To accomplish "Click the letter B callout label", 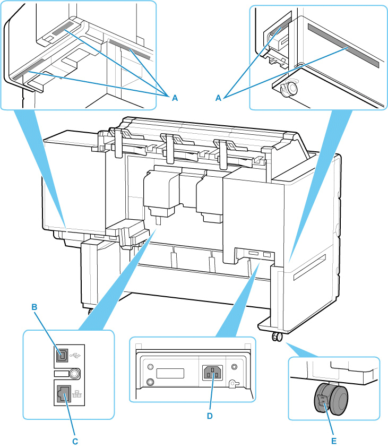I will click(x=34, y=307).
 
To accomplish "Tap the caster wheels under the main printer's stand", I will click(x=276, y=337).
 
